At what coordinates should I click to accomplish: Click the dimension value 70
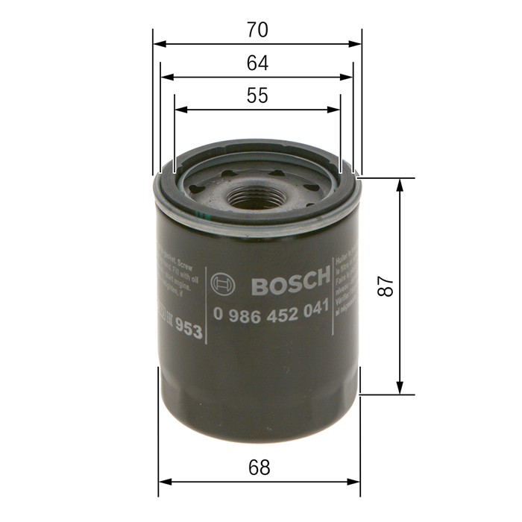coord(257,31)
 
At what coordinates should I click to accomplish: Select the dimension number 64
coord(257,63)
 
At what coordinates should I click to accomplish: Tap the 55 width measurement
coord(257,96)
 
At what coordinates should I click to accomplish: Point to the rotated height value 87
coord(385,286)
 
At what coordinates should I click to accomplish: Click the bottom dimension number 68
coord(259,468)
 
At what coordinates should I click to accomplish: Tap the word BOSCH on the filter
coord(289,283)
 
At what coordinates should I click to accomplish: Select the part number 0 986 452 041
coord(271,313)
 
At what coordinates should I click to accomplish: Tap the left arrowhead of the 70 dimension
coord(157,43)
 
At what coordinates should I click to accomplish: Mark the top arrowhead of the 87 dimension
coord(400,183)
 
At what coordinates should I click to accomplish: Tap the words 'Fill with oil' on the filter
coord(179,273)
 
